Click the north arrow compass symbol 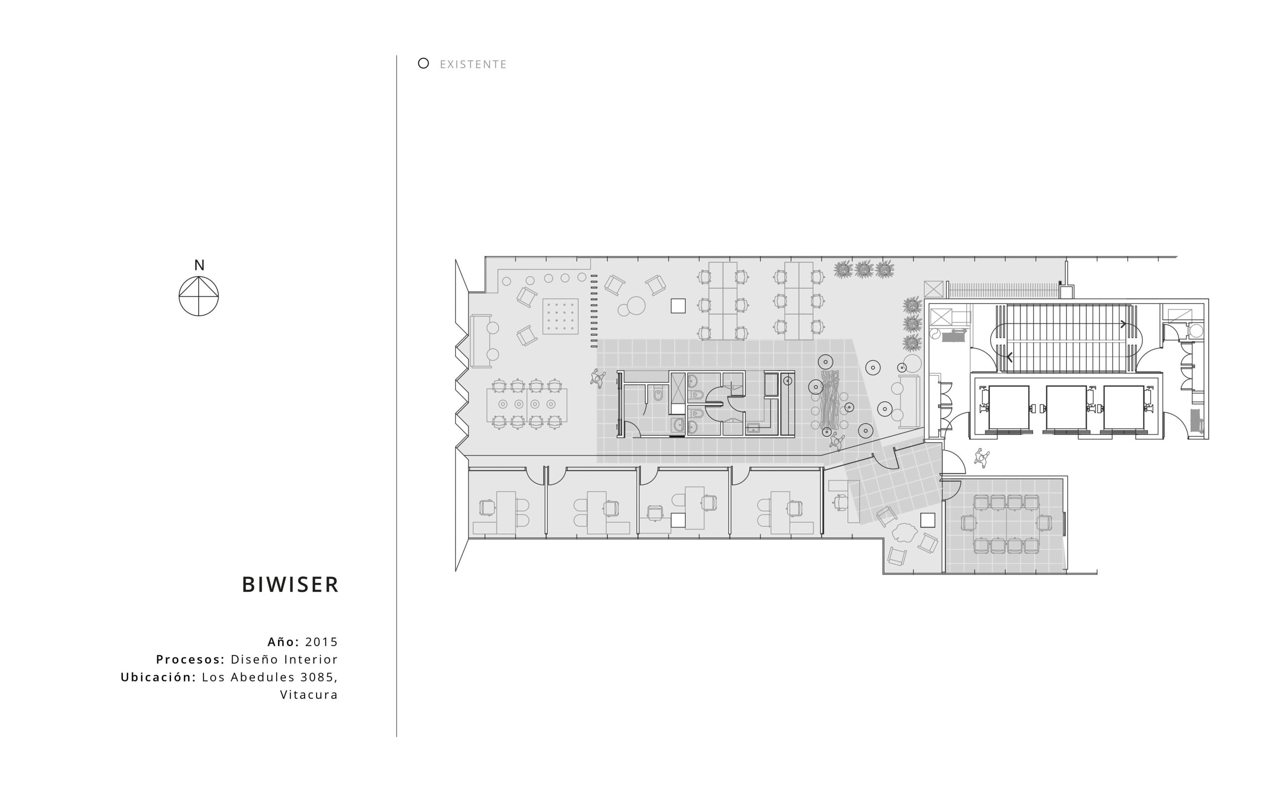coord(199,296)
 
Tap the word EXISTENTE coord(473,64)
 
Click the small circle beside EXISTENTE coord(423,63)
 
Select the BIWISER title coord(290,584)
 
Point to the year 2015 coord(321,642)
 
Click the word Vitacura coord(309,694)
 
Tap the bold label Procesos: coord(190,659)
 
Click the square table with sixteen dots coord(560,316)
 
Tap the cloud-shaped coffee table coord(904,533)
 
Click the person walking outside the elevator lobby coord(982,458)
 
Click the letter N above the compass coord(199,265)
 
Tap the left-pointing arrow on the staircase coord(1010,358)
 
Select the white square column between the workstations coord(678,306)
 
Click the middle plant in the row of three coord(864,269)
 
